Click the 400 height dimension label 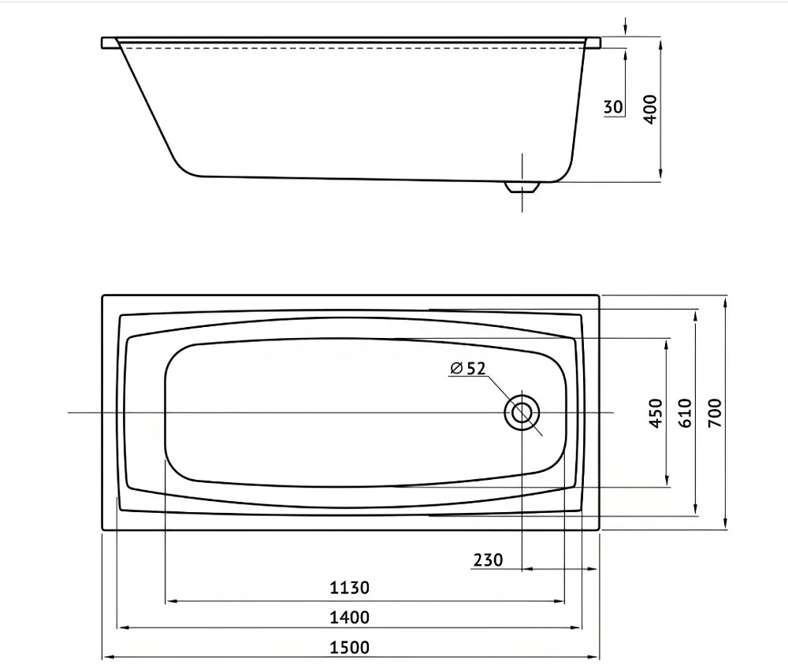tap(650, 109)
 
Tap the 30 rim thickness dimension tap(612, 107)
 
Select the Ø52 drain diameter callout tap(468, 369)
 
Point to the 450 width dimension tap(656, 413)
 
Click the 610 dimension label tap(686, 413)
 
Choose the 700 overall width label tap(715, 413)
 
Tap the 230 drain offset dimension tap(488, 559)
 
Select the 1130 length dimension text tap(349, 588)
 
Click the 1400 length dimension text tap(349, 617)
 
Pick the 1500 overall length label tap(349, 648)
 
